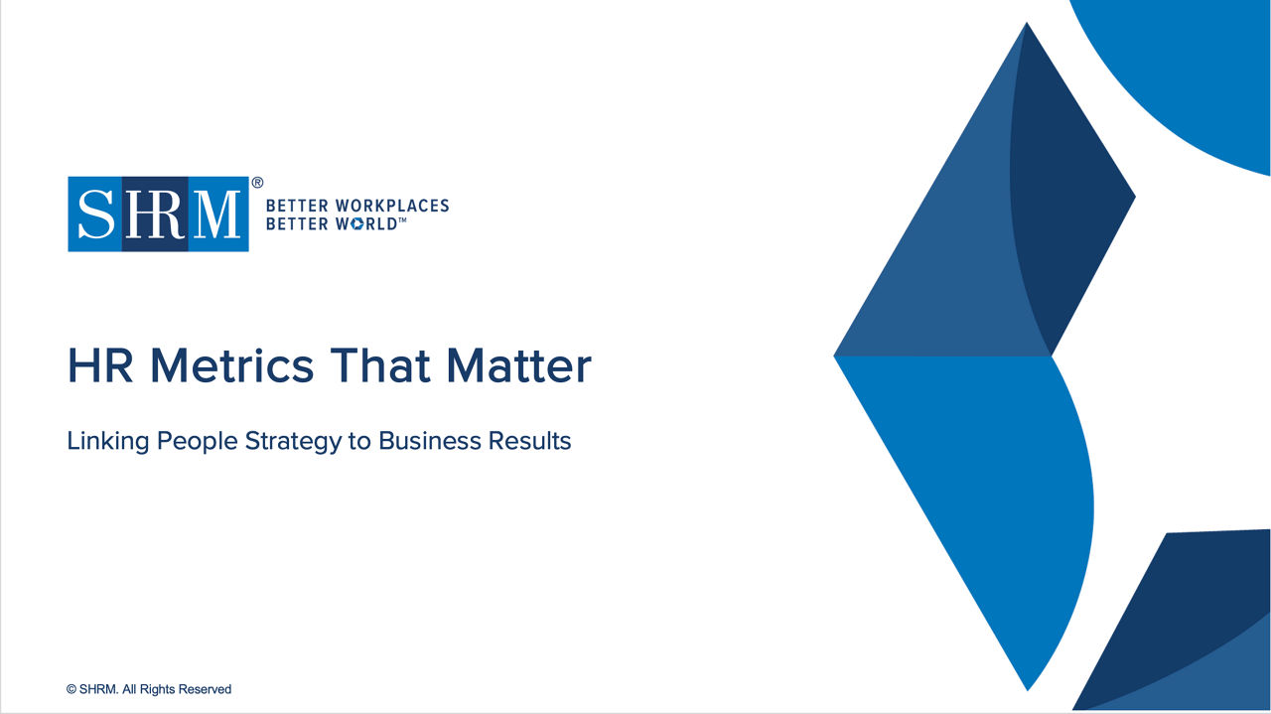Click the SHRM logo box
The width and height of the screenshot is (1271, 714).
[x=158, y=214]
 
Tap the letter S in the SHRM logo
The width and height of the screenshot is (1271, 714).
[x=96, y=214]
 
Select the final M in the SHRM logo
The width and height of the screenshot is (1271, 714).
[x=217, y=214]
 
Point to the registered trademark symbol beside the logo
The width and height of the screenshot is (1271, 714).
[x=257, y=183]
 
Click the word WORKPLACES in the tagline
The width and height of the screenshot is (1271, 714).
[x=392, y=206]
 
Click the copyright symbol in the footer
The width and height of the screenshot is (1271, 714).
[x=71, y=689]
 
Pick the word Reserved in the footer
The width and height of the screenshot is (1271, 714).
[x=207, y=689]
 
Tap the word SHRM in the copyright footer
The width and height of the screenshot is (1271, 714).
[x=98, y=689]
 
